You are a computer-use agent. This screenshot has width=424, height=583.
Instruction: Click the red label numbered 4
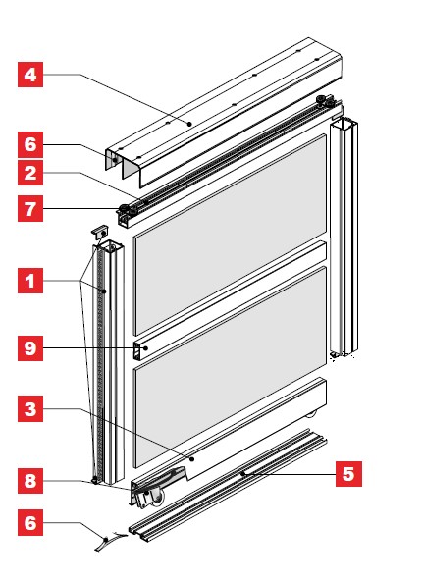point(30,75)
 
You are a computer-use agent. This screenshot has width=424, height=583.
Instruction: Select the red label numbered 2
point(30,173)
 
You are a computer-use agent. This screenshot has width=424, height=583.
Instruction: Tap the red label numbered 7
point(30,209)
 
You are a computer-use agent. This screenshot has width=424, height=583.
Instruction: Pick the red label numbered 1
point(30,281)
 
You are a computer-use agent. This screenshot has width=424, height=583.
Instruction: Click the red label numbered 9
point(30,348)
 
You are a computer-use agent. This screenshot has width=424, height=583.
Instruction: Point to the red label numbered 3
point(30,408)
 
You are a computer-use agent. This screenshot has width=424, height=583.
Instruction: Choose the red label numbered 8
point(30,481)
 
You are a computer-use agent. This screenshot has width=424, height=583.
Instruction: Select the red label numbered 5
point(348,474)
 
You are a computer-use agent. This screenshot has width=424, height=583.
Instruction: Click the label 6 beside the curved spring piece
point(30,523)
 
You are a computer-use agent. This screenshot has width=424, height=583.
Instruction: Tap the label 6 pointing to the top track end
point(30,144)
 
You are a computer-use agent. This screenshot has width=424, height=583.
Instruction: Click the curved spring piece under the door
point(111,540)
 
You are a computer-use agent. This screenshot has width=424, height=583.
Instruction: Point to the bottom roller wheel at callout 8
point(158,497)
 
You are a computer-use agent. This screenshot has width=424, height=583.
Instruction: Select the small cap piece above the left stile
point(100,231)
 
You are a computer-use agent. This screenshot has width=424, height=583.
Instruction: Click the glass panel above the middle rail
point(231,235)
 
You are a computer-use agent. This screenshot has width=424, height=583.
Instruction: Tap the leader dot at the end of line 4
point(189,124)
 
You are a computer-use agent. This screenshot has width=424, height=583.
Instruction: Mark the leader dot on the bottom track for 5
point(242,474)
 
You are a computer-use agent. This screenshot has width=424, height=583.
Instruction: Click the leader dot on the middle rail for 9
point(146,348)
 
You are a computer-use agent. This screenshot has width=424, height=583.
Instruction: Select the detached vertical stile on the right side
point(344,238)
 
